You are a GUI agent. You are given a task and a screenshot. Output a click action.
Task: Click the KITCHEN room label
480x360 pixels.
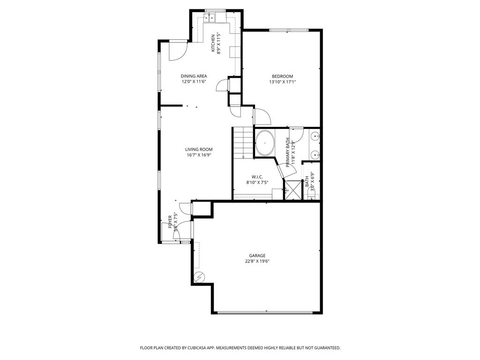pyautogui.click(x=213, y=43)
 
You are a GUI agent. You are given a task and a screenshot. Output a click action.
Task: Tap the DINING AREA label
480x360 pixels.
pyautogui.click(x=194, y=76)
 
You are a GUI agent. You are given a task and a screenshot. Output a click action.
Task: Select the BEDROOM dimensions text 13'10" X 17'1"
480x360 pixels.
pyautogui.click(x=282, y=82)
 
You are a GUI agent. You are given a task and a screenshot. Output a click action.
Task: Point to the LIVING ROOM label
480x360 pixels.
pyautogui.click(x=198, y=150)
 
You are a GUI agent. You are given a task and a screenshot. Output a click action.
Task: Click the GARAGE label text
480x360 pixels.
pyautogui.click(x=257, y=256)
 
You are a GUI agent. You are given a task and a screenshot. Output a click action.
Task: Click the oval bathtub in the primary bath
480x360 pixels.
pyautogui.click(x=265, y=142)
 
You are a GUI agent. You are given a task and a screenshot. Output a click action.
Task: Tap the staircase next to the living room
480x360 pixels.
pyautogui.click(x=243, y=142)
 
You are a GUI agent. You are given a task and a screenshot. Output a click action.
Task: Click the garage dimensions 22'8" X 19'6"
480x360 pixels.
pyautogui.click(x=257, y=262)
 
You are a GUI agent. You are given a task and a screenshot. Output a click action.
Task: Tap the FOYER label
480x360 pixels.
pyautogui.click(x=171, y=220)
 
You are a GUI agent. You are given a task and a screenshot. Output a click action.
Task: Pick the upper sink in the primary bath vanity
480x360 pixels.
pyautogui.click(x=315, y=136)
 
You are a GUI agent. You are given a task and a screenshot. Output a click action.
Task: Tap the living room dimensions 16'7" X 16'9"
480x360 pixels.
pyautogui.click(x=198, y=155)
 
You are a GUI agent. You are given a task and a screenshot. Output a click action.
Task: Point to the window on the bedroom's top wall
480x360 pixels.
pyautogui.click(x=288, y=30)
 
